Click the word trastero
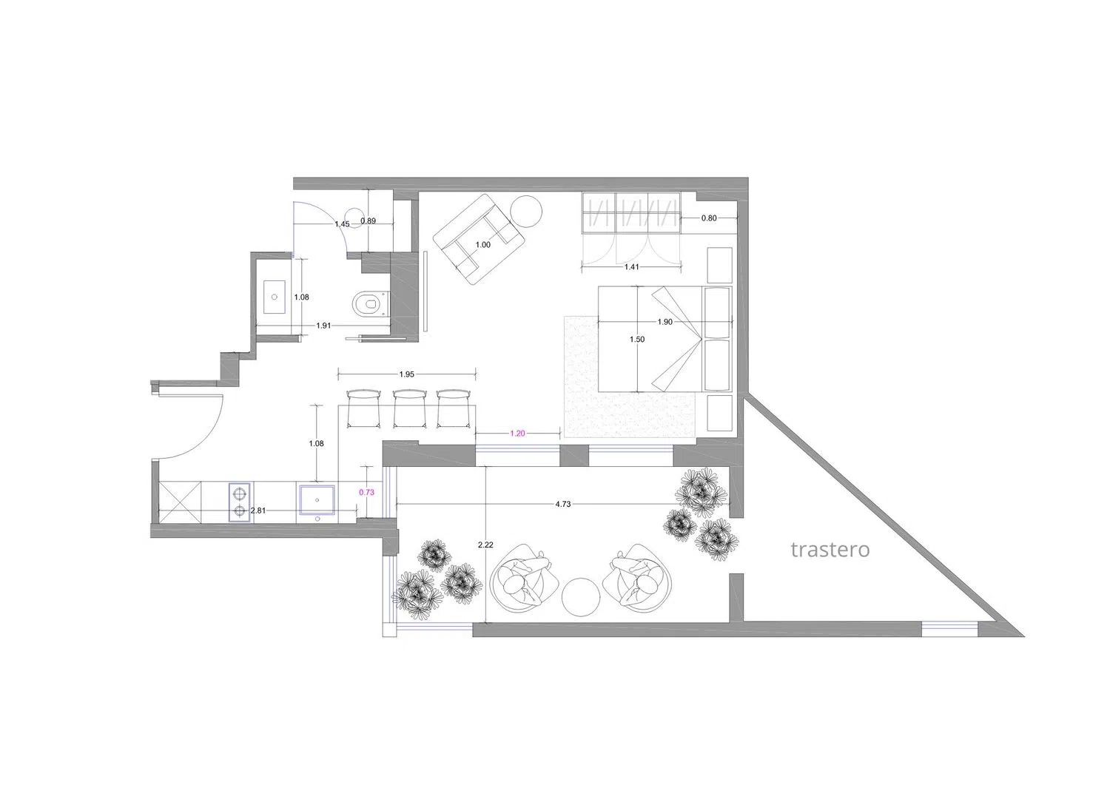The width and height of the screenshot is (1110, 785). [x=830, y=550]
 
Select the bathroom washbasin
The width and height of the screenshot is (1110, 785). [x=274, y=297]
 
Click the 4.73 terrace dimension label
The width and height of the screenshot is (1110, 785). [x=563, y=504]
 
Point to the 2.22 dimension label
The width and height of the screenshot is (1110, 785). [x=485, y=545]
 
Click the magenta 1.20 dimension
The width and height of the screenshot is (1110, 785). [x=517, y=433]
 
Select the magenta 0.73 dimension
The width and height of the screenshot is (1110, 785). [x=367, y=492]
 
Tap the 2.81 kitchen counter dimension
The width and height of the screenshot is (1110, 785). [x=258, y=511]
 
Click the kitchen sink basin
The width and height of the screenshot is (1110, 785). [x=317, y=500]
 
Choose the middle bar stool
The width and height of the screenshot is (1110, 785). [x=410, y=409]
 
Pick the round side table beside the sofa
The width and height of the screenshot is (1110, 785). [x=526, y=212]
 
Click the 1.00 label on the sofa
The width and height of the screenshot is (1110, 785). [x=482, y=245]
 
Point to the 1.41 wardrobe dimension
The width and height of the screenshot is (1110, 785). [x=631, y=266]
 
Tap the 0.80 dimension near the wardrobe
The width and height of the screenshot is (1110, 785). [x=709, y=218]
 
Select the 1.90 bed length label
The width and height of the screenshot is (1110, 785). [x=665, y=322]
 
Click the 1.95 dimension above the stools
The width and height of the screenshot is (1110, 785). [x=407, y=374]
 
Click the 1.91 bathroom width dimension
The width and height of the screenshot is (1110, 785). [x=323, y=326]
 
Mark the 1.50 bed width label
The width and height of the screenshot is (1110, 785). [x=637, y=339]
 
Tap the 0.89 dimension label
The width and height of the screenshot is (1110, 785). [x=369, y=221]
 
